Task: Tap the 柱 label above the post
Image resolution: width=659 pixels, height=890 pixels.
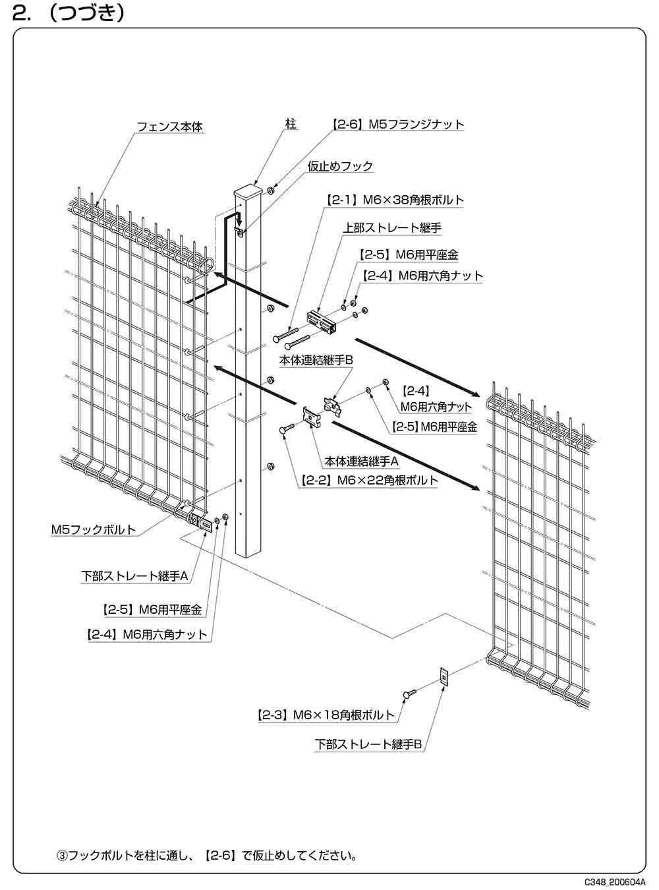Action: click(291, 123)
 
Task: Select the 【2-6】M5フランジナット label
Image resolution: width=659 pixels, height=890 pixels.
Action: click(397, 124)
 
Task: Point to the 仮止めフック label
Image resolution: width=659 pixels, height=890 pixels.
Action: click(340, 166)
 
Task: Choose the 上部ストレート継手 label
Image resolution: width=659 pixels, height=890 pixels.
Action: click(391, 228)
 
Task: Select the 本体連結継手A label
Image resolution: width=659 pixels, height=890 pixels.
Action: click(362, 461)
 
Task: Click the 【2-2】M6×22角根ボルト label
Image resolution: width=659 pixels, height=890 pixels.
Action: click(369, 481)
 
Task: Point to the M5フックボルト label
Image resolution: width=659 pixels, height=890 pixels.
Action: click(94, 529)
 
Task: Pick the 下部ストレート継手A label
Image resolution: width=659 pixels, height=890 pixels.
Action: click(135, 576)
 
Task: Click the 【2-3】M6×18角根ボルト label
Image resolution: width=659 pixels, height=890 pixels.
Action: click(326, 714)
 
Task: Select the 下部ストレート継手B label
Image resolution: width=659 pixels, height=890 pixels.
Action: click(368, 744)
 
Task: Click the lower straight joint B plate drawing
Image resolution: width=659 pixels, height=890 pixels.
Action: click(444, 676)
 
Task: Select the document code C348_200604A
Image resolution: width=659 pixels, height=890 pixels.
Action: click(614, 881)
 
